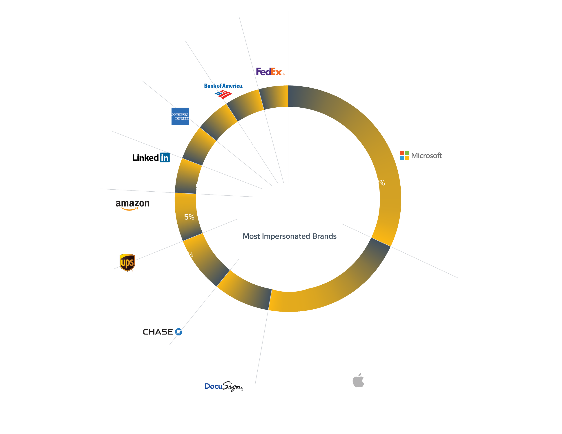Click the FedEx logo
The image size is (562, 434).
[x=270, y=71]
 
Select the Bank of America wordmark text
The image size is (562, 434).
[x=223, y=86]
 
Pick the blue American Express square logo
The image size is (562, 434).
[x=180, y=116]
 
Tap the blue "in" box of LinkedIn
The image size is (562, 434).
[x=165, y=157]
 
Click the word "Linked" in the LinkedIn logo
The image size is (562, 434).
[x=146, y=158]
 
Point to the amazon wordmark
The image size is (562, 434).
[x=132, y=203]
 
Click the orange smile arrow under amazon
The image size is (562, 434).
[x=130, y=209]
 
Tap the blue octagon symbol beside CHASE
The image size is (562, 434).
[x=178, y=332]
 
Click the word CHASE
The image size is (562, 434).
[x=158, y=332]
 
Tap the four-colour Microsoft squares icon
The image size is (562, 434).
[x=404, y=155]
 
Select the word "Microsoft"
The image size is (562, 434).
[x=427, y=155]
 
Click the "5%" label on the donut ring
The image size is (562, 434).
[x=189, y=217]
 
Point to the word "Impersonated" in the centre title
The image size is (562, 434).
[x=286, y=236]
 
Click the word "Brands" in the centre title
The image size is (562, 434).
[x=324, y=236]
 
